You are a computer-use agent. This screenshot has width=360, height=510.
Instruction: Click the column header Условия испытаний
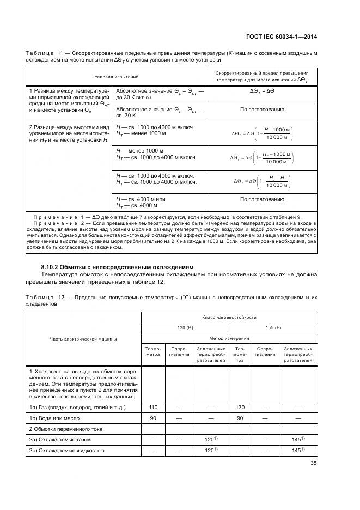tap(117, 77)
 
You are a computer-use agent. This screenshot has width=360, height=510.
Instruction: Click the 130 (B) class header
tap(186, 327)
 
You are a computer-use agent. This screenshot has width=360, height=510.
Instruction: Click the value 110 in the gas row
tap(153, 408)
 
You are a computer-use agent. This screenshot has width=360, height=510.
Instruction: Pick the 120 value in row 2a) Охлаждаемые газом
tap(210, 439)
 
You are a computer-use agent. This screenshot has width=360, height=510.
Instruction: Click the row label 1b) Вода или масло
tap(54, 418)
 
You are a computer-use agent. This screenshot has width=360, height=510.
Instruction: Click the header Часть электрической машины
tap(84, 339)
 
